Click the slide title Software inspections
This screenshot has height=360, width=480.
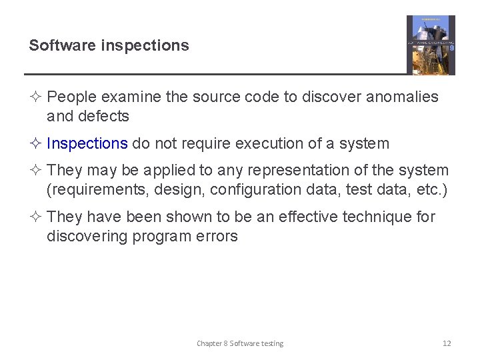coord(109,45)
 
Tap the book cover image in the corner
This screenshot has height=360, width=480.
coord(431,45)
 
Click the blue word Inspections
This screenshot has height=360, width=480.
coord(87,143)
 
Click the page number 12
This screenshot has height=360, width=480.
coord(447,343)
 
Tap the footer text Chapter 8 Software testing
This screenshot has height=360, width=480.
coord(240,343)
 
